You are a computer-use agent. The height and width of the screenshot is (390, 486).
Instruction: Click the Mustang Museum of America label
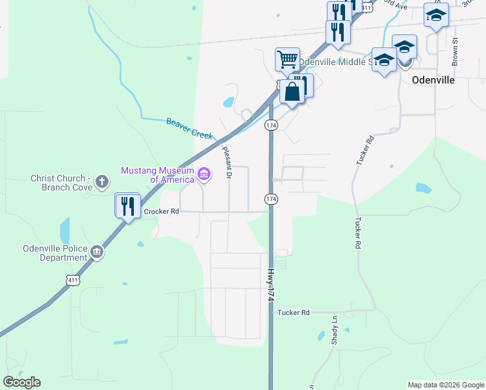point(157,175)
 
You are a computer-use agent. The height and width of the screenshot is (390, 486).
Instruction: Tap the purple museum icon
point(204,173)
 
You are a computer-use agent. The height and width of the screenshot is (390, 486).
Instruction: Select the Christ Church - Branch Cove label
point(58,183)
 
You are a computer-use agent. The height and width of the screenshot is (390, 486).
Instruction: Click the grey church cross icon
point(101,182)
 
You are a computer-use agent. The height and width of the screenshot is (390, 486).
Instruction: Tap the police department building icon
point(97,252)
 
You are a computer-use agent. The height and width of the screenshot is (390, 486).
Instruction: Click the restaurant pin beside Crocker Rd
point(127,206)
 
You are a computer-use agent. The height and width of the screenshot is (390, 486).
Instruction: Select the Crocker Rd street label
point(160,212)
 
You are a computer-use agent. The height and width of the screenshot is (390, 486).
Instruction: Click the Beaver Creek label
point(189,127)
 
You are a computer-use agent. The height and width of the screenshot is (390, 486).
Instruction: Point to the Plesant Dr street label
point(227,162)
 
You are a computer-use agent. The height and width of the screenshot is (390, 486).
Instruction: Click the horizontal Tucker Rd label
point(294,313)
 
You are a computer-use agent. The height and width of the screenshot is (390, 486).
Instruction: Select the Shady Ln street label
point(335,330)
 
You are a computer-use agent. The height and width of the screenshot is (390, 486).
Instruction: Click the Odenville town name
point(433,81)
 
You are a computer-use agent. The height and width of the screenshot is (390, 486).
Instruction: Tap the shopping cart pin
point(287,60)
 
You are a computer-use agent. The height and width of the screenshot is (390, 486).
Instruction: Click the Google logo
point(21,382)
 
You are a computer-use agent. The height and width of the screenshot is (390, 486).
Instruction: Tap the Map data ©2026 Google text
point(446,385)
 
